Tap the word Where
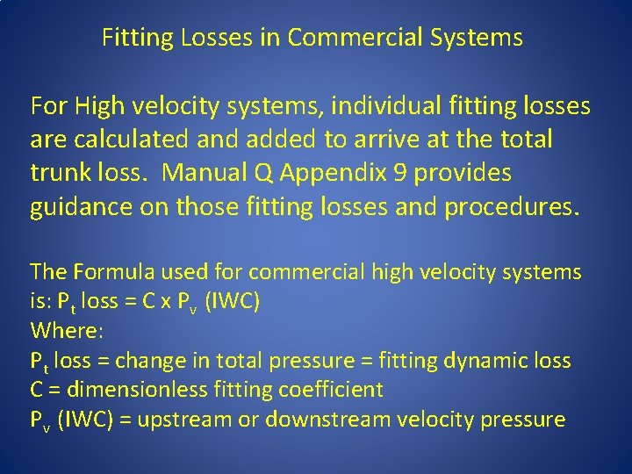click(x=64, y=331)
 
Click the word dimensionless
click(x=140, y=390)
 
